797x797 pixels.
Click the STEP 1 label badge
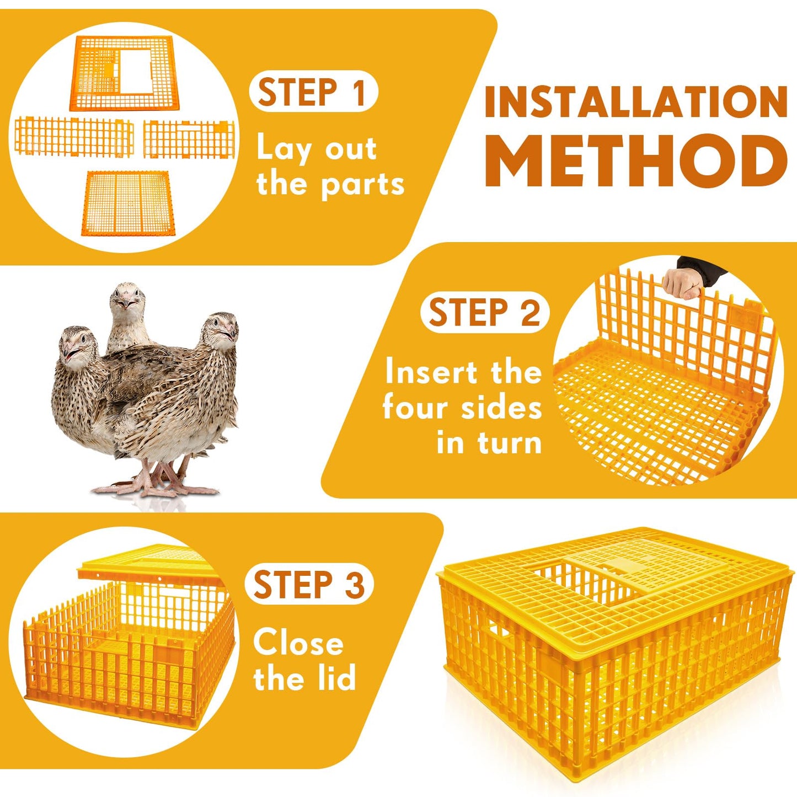point(313,92)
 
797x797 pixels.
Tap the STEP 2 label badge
point(485,313)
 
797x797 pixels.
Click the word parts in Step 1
point(362,185)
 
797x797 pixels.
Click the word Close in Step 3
point(298,644)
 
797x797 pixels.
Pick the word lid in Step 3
point(336,678)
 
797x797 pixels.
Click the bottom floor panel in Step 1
point(129,202)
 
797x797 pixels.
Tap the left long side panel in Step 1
point(74,137)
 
